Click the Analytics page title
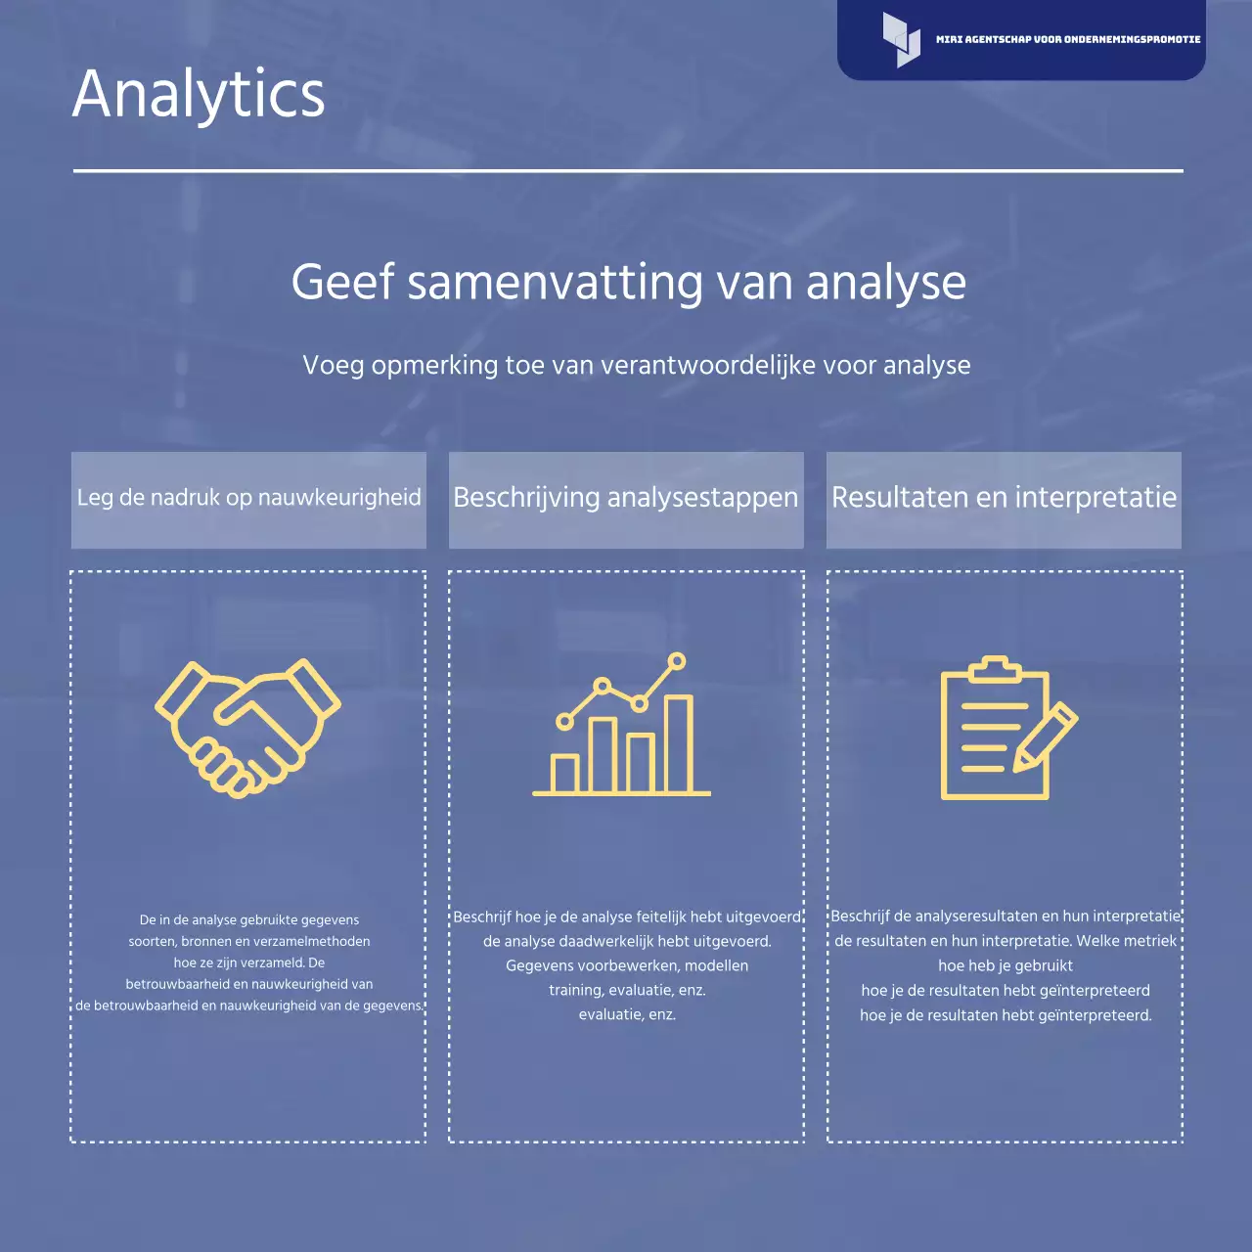199,95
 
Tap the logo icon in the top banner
901,40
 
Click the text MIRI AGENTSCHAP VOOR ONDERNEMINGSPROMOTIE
1067,40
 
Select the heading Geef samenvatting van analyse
628,283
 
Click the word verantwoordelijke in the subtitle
708,366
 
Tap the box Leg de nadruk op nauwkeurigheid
248,499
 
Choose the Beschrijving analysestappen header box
626,499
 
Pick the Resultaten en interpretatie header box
1004,499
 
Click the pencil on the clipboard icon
1045,737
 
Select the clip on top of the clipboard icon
995,668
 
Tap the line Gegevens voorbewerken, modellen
627,966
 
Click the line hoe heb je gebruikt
1006,966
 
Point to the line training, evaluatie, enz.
627,991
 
